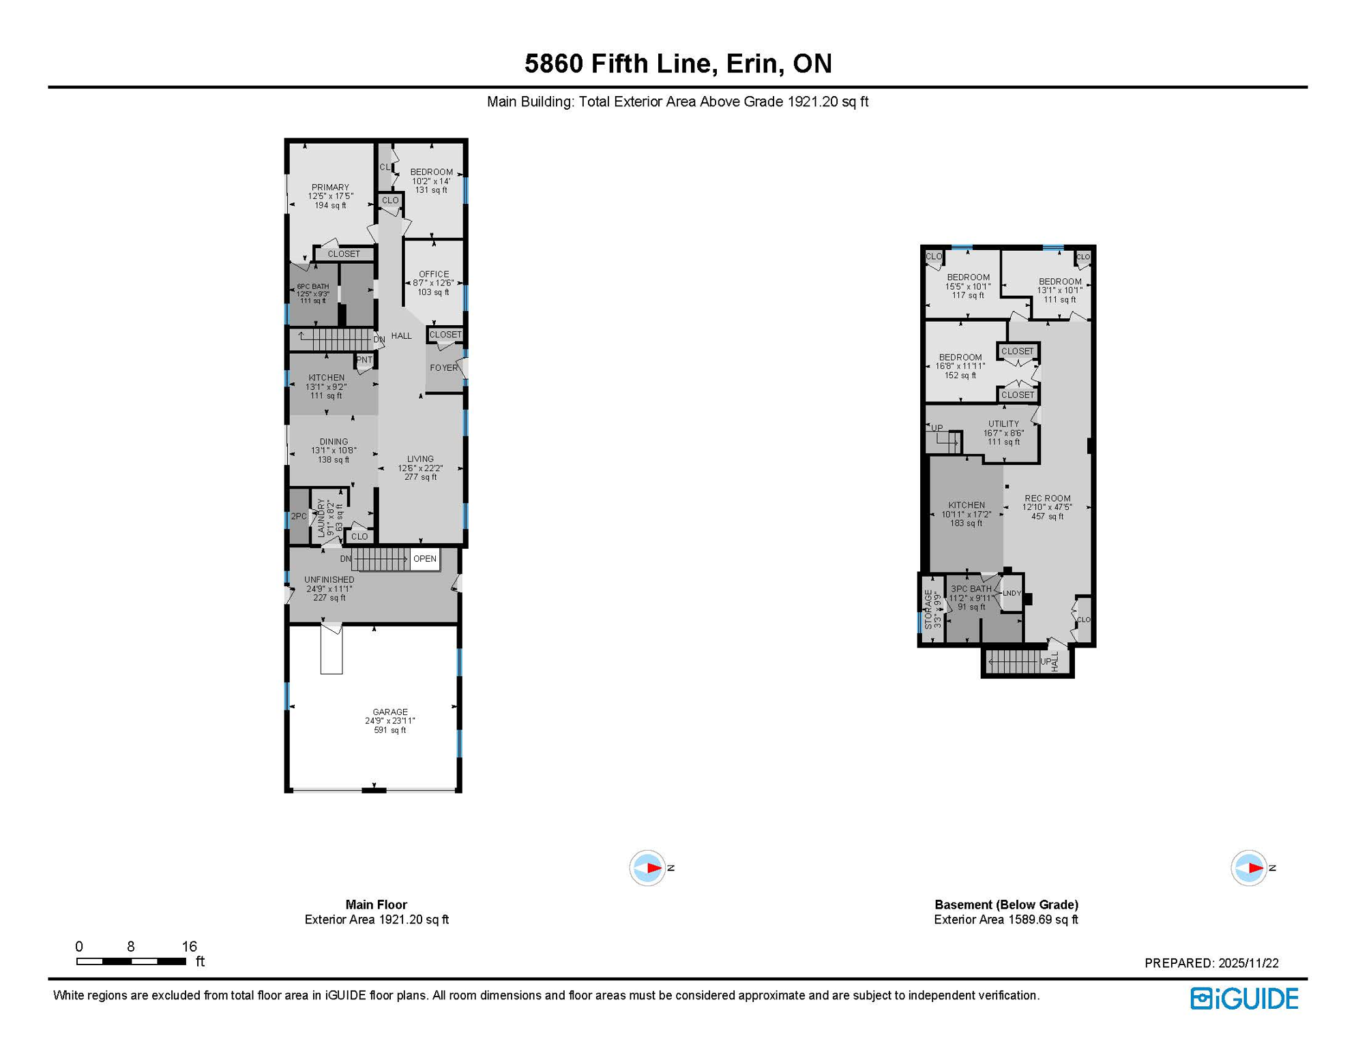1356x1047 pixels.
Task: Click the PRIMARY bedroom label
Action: click(330, 187)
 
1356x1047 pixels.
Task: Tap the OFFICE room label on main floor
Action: click(434, 274)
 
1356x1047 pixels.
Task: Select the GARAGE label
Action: click(389, 712)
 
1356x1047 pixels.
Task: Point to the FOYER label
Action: click(443, 367)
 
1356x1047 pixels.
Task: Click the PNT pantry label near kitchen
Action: click(364, 360)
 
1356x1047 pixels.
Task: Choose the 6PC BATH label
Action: click(312, 287)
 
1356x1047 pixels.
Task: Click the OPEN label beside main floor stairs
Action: click(424, 558)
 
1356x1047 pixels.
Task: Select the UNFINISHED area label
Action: click(329, 579)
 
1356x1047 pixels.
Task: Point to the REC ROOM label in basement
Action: click(1047, 498)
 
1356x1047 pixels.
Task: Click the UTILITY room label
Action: click(1003, 424)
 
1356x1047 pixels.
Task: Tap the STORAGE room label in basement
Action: click(928, 609)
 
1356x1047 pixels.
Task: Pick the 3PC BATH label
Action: click(971, 589)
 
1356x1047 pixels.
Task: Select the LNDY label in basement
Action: click(1012, 593)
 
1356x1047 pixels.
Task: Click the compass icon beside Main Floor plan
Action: click(647, 868)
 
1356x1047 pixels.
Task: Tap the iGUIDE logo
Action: click(1244, 999)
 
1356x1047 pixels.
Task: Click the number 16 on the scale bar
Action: click(189, 946)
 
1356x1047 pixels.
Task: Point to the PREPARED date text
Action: click(1211, 962)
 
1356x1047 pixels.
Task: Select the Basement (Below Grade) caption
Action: click(1005, 905)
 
